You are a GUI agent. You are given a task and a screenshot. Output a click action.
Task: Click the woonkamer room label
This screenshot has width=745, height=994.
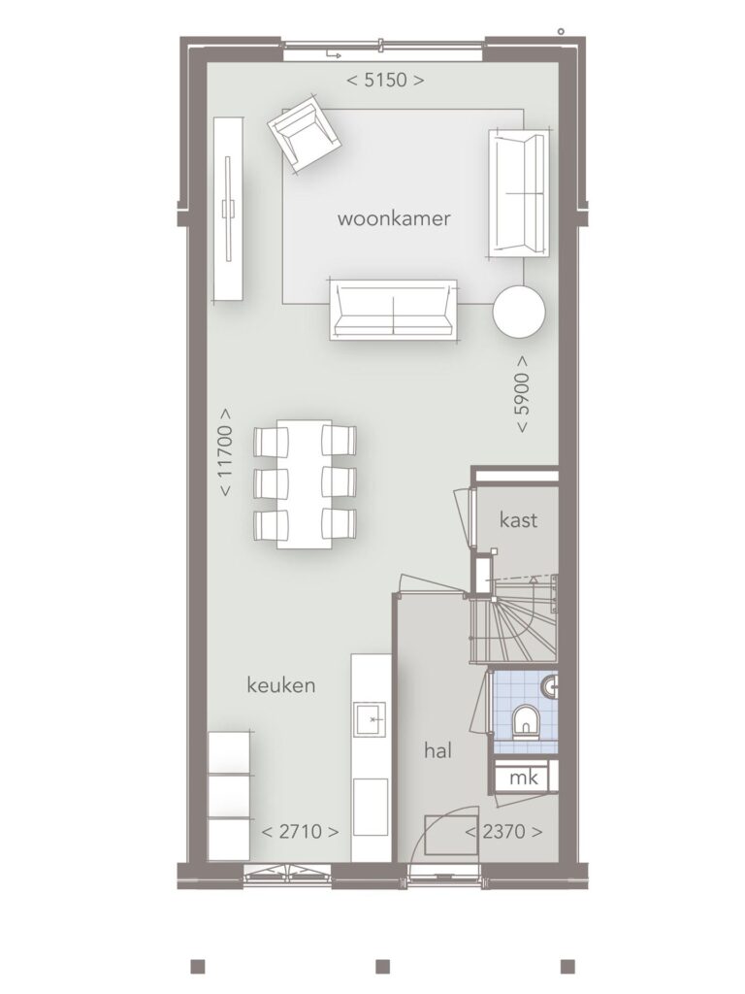point(394,218)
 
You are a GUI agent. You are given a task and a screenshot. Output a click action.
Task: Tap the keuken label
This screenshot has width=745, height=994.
point(280,684)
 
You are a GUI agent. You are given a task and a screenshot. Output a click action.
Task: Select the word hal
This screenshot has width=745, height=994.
point(437,750)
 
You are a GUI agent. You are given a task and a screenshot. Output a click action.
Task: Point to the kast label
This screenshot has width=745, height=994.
point(518,520)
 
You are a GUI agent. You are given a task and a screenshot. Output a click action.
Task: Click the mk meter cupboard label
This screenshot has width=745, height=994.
point(523,778)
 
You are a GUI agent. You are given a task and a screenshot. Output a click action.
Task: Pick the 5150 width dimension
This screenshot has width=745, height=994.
point(385,81)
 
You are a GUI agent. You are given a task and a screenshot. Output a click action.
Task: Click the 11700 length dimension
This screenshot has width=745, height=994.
point(225,452)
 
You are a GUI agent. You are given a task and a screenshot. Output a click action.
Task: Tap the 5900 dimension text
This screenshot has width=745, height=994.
point(522,394)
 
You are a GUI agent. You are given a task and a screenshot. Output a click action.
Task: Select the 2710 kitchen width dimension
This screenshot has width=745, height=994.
point(300,831)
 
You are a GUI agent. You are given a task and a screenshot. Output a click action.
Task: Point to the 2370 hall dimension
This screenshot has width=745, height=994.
point(503,831)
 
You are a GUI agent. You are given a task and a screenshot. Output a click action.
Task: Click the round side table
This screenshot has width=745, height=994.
point(519,312)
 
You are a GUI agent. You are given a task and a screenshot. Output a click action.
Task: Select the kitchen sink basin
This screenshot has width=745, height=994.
point(370,719)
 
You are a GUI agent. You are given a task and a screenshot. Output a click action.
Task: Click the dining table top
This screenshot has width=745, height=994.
point(304,483)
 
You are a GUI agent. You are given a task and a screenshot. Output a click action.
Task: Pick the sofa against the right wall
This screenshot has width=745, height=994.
point(518,193)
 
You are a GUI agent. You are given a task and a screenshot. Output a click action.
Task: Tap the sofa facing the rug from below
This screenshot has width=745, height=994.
point(394,310)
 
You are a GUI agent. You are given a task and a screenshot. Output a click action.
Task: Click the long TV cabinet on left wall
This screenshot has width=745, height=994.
point(228,210)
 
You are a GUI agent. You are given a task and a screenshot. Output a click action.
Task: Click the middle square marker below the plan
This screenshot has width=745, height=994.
point(382,966)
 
